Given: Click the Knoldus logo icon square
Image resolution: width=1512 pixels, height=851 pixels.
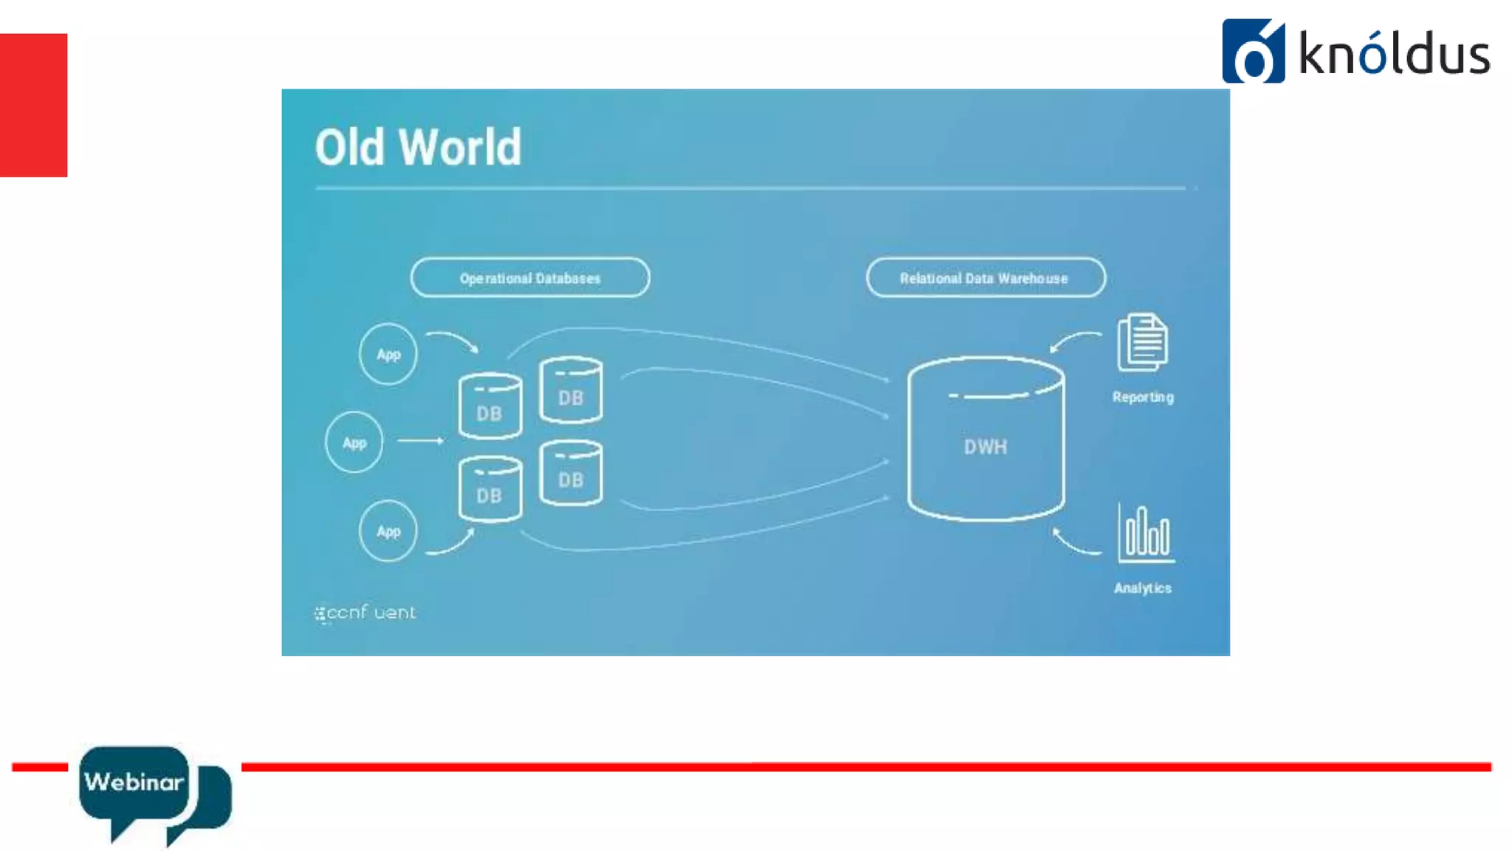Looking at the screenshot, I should [x=1253, y=51].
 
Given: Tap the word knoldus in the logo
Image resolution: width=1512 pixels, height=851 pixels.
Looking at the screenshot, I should [x=1394, y=54].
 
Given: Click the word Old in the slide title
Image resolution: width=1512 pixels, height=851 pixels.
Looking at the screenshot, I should [x=350, y=147].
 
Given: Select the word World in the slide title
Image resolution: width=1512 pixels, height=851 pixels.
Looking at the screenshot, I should [x=460, y=147].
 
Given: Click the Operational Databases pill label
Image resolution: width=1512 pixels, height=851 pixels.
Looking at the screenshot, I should [x=530, y=278].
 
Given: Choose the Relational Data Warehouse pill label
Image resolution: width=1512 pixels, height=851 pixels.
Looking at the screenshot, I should [x=985, y=278].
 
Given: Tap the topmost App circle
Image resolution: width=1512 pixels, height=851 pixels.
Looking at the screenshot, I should [x=388, y=354].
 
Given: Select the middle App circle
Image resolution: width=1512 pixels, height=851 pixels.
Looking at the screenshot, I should [x=354, y=442].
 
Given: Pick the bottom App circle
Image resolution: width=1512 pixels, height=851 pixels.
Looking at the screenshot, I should [x=388, y=530].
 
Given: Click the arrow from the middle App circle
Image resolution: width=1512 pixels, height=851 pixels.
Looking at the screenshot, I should [x=420, y=441].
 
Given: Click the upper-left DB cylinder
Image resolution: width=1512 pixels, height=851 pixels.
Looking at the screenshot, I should [x=489, y=407].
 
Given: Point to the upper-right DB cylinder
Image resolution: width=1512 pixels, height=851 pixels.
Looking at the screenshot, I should [x=571, y=391].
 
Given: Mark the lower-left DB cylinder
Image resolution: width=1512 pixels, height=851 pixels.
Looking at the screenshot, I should [x=489, y=489].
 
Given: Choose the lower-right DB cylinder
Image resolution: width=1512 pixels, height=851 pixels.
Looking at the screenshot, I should [x=571, y=474].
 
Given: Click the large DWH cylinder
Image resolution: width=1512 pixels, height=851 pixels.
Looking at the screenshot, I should [x=986, y=440].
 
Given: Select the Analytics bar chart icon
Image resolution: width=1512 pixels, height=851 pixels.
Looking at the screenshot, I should [x=1145, y=533].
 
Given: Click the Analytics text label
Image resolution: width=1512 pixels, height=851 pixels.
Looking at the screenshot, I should [x=1142, y=588].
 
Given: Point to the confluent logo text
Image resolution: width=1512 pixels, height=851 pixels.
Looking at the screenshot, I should [x=365, y=613].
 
